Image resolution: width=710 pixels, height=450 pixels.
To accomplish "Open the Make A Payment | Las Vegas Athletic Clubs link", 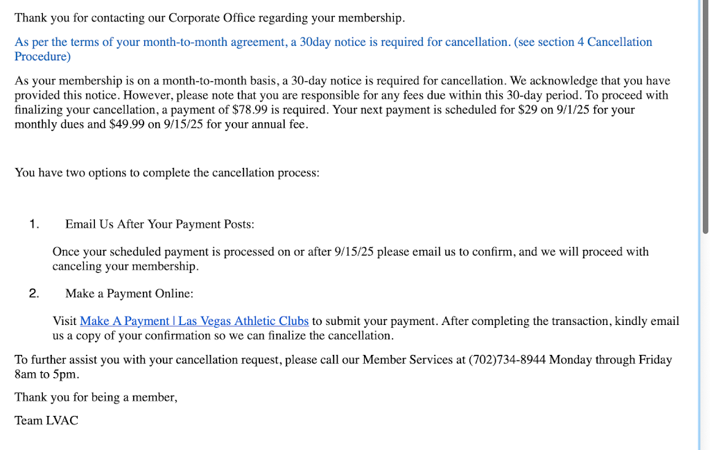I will click(194, 321).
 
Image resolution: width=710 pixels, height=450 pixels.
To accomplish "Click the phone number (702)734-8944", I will click(508, 360).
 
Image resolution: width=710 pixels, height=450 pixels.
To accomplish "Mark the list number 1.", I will click(34, 224).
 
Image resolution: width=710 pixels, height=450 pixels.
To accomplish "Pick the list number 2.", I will click(34, 294).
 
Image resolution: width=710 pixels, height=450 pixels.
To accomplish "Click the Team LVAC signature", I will click(46, 420).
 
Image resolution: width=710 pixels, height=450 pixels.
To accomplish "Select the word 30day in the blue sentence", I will click(315, 42).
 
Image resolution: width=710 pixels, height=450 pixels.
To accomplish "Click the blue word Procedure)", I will click(42, 56).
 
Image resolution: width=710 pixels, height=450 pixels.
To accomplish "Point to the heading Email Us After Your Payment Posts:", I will click(159, 224).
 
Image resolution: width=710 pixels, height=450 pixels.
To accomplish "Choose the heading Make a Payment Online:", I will click(129, 294).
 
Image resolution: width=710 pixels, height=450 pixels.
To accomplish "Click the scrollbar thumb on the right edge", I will click(704, 118).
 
